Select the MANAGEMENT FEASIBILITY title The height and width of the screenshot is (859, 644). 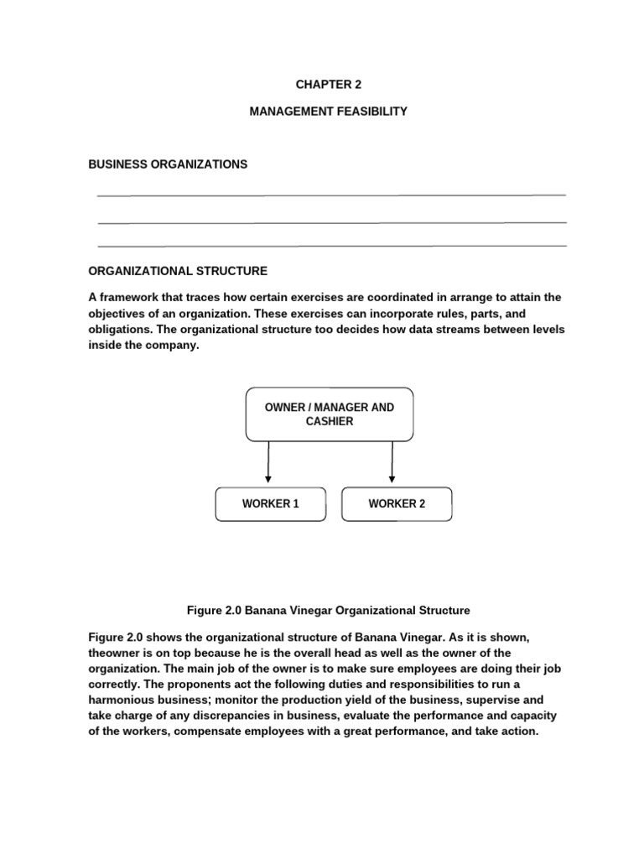click(328, 111)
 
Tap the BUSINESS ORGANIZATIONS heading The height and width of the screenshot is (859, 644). click(168, 164)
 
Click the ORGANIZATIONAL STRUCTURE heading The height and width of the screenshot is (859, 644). click(178, 271)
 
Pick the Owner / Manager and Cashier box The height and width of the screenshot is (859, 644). click(329, 414)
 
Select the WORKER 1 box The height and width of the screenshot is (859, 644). click(271, 504)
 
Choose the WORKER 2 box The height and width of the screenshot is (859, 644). click(397, 504)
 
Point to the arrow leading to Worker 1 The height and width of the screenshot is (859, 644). click(268, 463)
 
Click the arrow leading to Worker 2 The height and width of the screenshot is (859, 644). click(392, 463)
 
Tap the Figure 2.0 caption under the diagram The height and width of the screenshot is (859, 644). click(327, 610)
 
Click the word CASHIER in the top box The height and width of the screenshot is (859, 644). click(330, 422)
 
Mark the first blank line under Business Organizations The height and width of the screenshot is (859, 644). click(331, 195)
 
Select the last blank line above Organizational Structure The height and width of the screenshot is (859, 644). click(331, 246)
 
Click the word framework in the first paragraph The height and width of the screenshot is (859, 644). click(130, 298)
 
